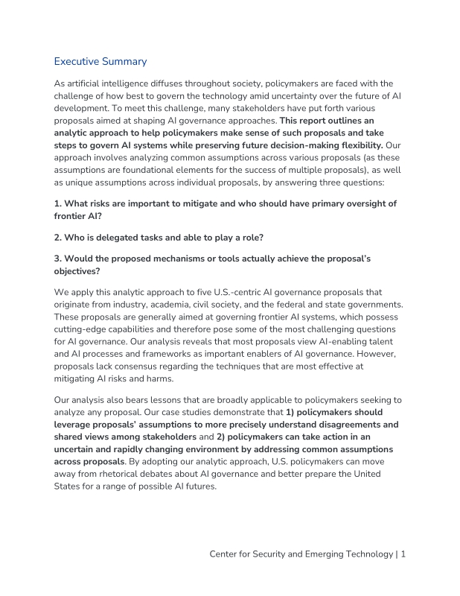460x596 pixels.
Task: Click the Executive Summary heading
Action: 100,61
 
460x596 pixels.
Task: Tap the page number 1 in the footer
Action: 403,554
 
